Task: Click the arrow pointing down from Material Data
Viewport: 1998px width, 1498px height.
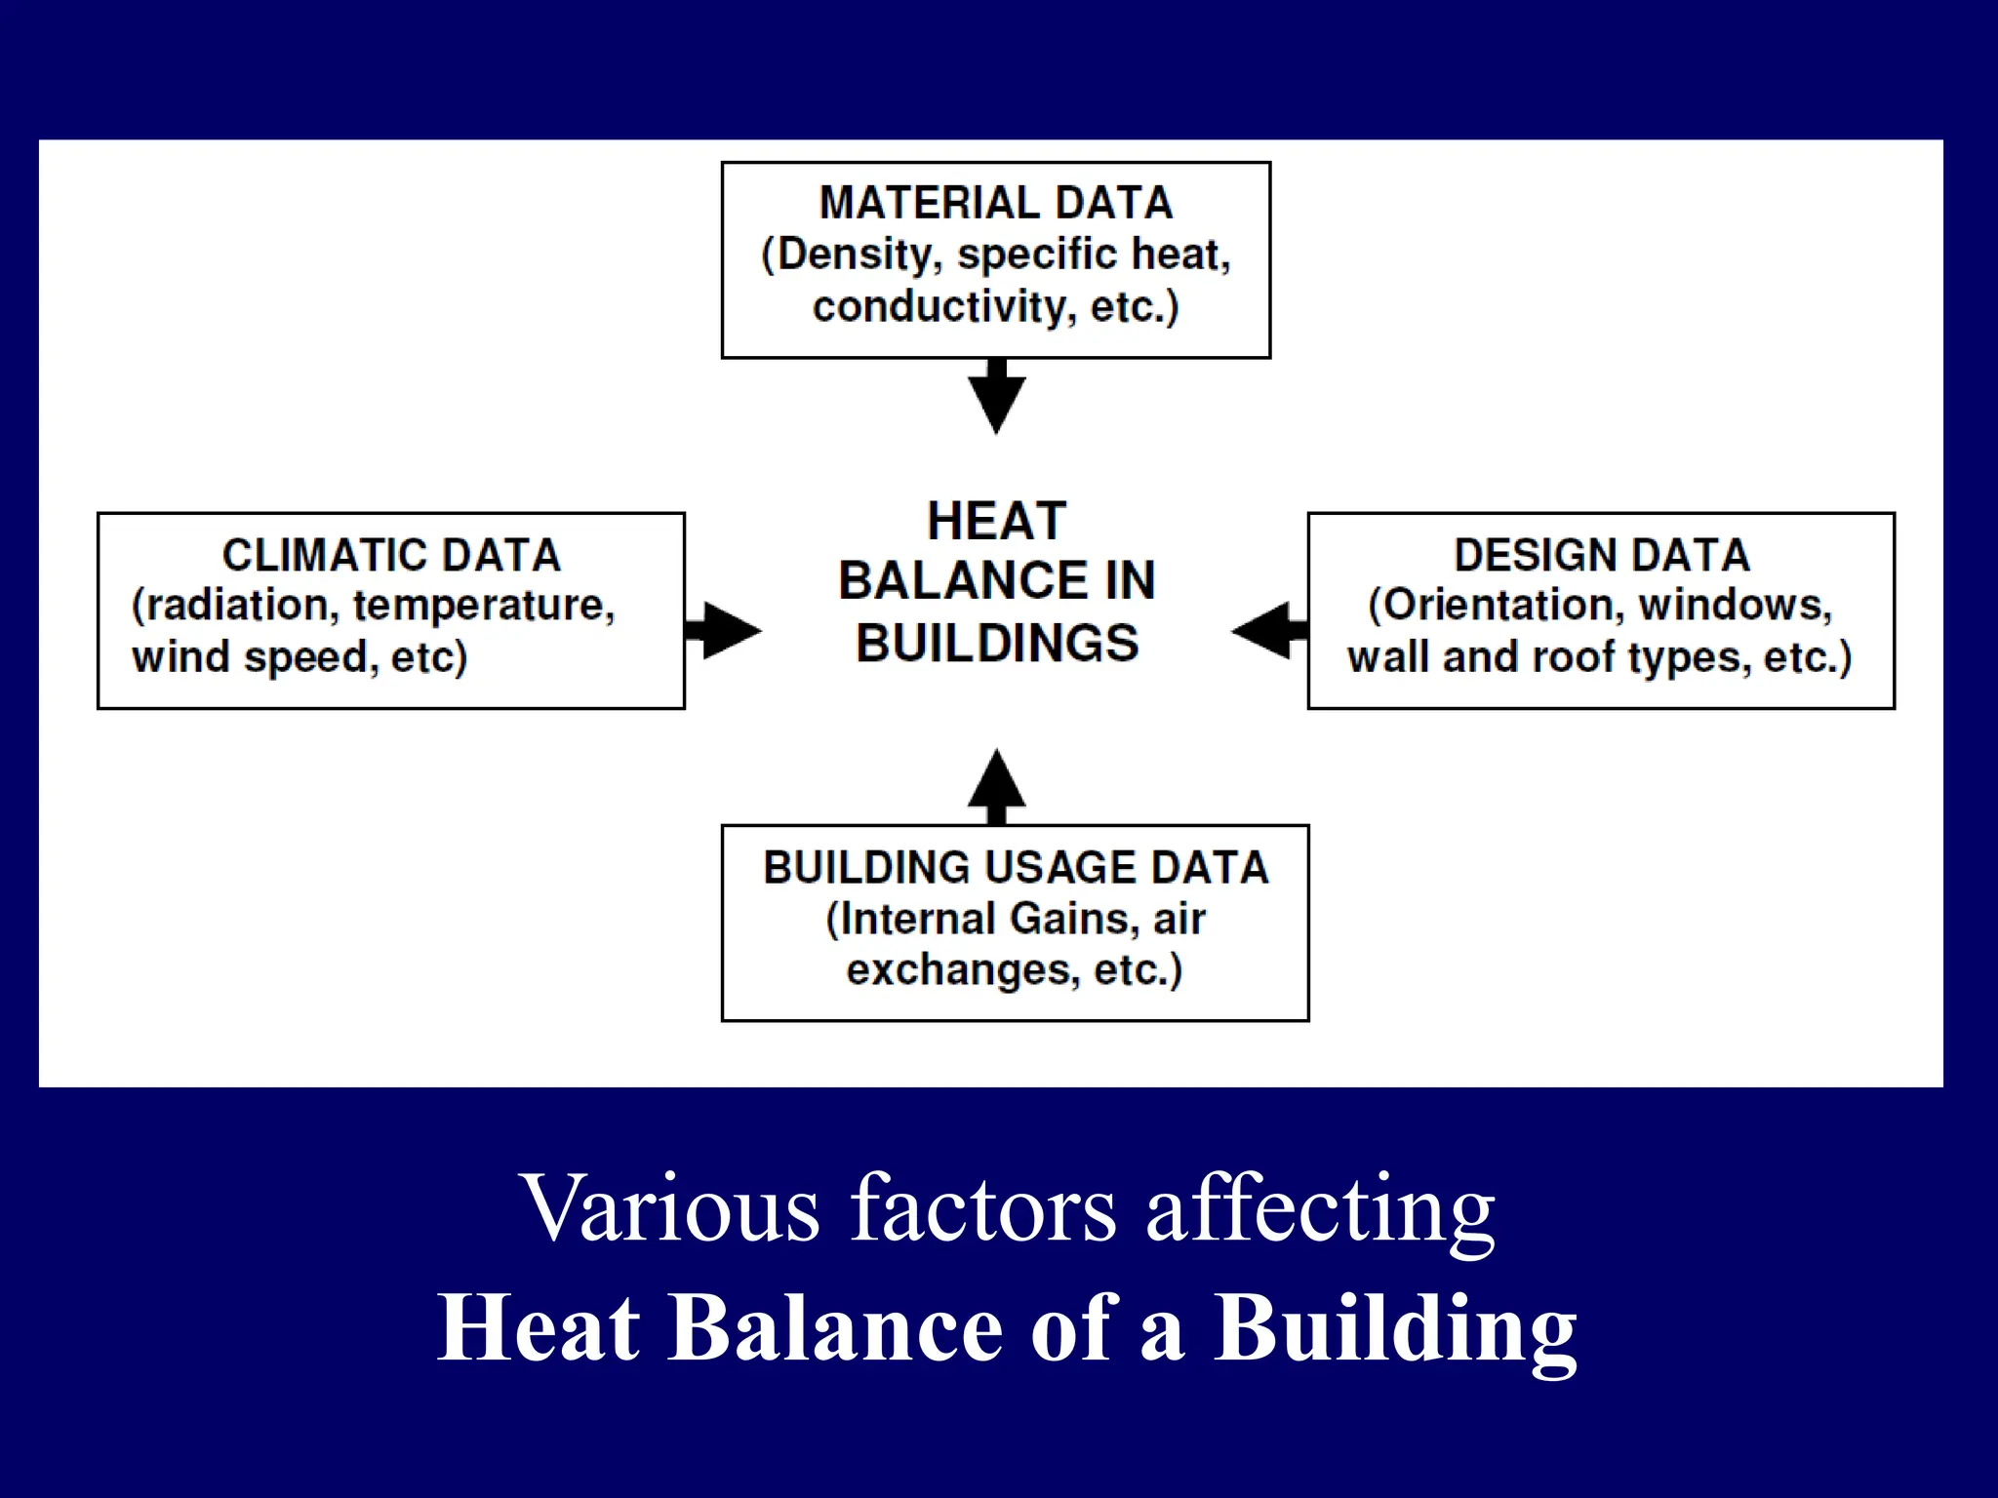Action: tap(996, 395)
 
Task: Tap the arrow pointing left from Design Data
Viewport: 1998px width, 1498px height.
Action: tap(1268, 630)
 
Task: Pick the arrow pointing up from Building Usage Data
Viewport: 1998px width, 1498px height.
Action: tap(996, 786)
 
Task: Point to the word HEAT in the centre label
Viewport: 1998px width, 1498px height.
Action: tap(996, 521)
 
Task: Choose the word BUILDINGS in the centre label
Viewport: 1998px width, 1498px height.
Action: tap(996, 643)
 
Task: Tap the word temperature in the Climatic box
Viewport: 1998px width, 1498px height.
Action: tap(483, 606)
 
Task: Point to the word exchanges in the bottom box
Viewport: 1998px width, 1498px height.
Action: tap(962, 970)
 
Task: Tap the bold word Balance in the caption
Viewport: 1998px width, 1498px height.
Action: tap(835, 1328)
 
